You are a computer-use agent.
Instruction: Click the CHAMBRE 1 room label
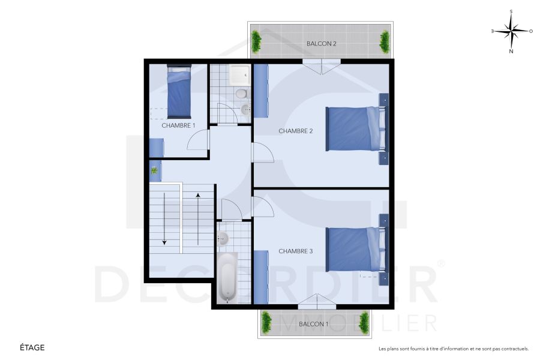click(x=178, y=125)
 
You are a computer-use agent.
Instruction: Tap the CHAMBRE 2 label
click(x=296, y=131)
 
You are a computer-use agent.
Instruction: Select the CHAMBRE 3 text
click(x=296, y=251)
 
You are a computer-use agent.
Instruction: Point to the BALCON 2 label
click(x=321, y=44)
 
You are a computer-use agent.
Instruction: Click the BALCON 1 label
click(x=313, y=324)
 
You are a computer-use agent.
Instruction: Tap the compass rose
click(x=511, y=31)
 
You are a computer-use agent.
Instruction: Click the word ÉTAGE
click(x=32, y=347)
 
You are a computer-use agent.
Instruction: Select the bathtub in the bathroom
click(x=227, y=278)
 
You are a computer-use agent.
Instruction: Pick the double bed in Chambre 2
click(x=353, y=128)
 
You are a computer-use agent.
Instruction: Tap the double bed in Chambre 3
click(x=353, y=249)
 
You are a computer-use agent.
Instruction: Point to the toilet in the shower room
click(x=241, y=94)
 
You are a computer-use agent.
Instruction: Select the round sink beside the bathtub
click(x=223, y=238)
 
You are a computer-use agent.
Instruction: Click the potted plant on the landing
click(x=155, y=171)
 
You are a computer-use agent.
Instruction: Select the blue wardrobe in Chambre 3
click(x=261, y=277)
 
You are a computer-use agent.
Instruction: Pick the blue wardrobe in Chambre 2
click(x=261, y=90)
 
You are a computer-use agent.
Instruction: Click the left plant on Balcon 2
click(x=257, y=41)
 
